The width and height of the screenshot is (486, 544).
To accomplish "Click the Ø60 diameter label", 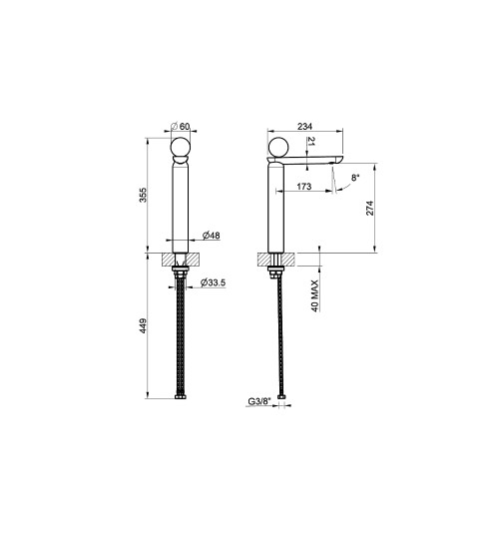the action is coord(181,127).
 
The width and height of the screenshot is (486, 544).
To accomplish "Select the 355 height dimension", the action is coord(143,195).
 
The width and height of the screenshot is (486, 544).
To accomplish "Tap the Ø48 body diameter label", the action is coord(212,236).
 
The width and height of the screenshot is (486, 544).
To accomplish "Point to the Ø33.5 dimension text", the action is coord(213,282).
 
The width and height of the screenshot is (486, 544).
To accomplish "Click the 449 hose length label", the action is coord(143,326).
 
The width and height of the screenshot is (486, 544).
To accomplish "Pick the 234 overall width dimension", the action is coord(305,127).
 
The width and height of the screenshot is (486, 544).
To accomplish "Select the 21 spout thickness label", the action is coord(310,141).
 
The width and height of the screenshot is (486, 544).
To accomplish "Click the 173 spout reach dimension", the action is coord(304,187).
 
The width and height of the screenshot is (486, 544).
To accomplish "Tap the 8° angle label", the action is coord(355,178).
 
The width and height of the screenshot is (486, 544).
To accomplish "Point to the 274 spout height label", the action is coord(370,208).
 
